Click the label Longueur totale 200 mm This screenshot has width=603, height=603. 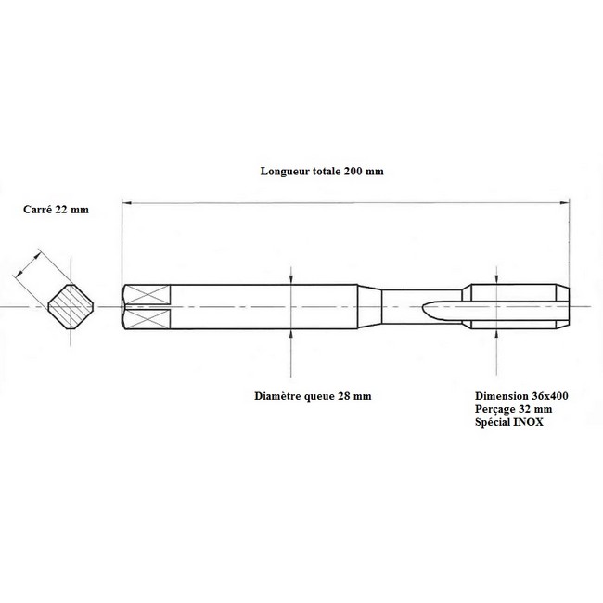[x=322, y=171]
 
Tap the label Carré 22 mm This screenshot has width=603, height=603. [x=56, y=210]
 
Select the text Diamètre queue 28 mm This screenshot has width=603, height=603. [x=313, y=396]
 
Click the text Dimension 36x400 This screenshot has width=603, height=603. [x=521, y=396]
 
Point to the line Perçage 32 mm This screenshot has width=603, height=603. [x=513, y=409]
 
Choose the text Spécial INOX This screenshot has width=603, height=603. [x=508, y=422]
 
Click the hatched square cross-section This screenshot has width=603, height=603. [x=71, y=306]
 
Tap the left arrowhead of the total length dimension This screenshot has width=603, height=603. [x=126, y=202]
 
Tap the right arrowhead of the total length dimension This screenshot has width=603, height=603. [x=565, y=202]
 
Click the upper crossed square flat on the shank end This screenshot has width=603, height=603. [x=148, y=294]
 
